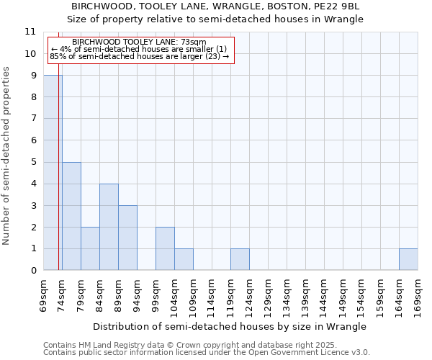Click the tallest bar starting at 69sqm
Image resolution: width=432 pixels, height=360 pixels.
53,173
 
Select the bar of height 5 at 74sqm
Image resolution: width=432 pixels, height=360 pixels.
71,216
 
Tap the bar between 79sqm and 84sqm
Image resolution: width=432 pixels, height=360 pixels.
90,248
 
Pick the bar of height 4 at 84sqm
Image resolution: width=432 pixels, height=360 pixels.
109,227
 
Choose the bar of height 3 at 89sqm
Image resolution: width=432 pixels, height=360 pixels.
127,238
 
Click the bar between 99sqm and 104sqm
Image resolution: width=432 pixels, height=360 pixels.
165,248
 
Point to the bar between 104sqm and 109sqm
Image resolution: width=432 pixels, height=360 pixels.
184,259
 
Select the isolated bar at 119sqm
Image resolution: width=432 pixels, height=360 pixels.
240,259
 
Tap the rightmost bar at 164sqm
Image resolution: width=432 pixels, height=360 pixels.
408,259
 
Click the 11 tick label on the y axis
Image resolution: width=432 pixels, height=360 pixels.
30,32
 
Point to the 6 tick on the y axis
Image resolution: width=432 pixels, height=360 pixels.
32,140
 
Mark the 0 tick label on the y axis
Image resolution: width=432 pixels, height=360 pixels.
32,271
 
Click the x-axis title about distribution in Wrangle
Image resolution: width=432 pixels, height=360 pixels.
230,326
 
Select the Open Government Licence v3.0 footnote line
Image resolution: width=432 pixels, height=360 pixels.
207,353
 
